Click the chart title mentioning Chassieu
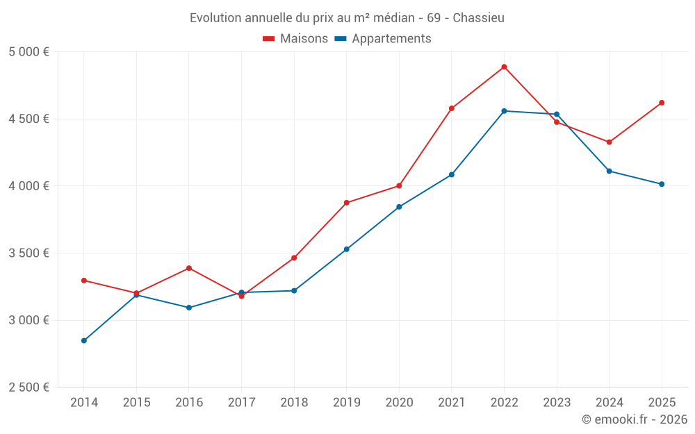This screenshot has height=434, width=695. tap(347, 17)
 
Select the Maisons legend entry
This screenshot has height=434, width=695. tap(295, 39)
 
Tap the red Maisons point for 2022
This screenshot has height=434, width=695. tap(504, 67)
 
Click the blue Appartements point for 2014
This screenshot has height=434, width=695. tap(84, 340)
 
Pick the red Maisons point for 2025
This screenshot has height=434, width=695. tap(662, 103)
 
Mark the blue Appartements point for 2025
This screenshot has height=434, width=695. tap(662, 184)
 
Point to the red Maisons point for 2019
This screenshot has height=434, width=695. tap(346, 203)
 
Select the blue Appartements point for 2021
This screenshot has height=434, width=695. tap(452, 174)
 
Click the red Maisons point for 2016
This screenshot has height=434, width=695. tap(189, 268)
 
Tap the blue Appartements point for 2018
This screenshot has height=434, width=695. tap(294, 290)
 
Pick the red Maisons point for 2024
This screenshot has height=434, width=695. tap(609, 142)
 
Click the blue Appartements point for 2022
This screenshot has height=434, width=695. tap(504, 111)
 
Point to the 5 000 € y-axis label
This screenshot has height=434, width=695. tap(28, 52)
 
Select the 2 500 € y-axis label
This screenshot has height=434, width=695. tap(28, 387)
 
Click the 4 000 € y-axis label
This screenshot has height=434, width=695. tap(28, 186)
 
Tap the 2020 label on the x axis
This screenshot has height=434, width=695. tap(399, 402)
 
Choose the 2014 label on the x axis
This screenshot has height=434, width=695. tap(84, 402)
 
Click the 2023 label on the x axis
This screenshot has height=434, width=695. tap(557, 402)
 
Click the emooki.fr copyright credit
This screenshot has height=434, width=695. tap(634, 419)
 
